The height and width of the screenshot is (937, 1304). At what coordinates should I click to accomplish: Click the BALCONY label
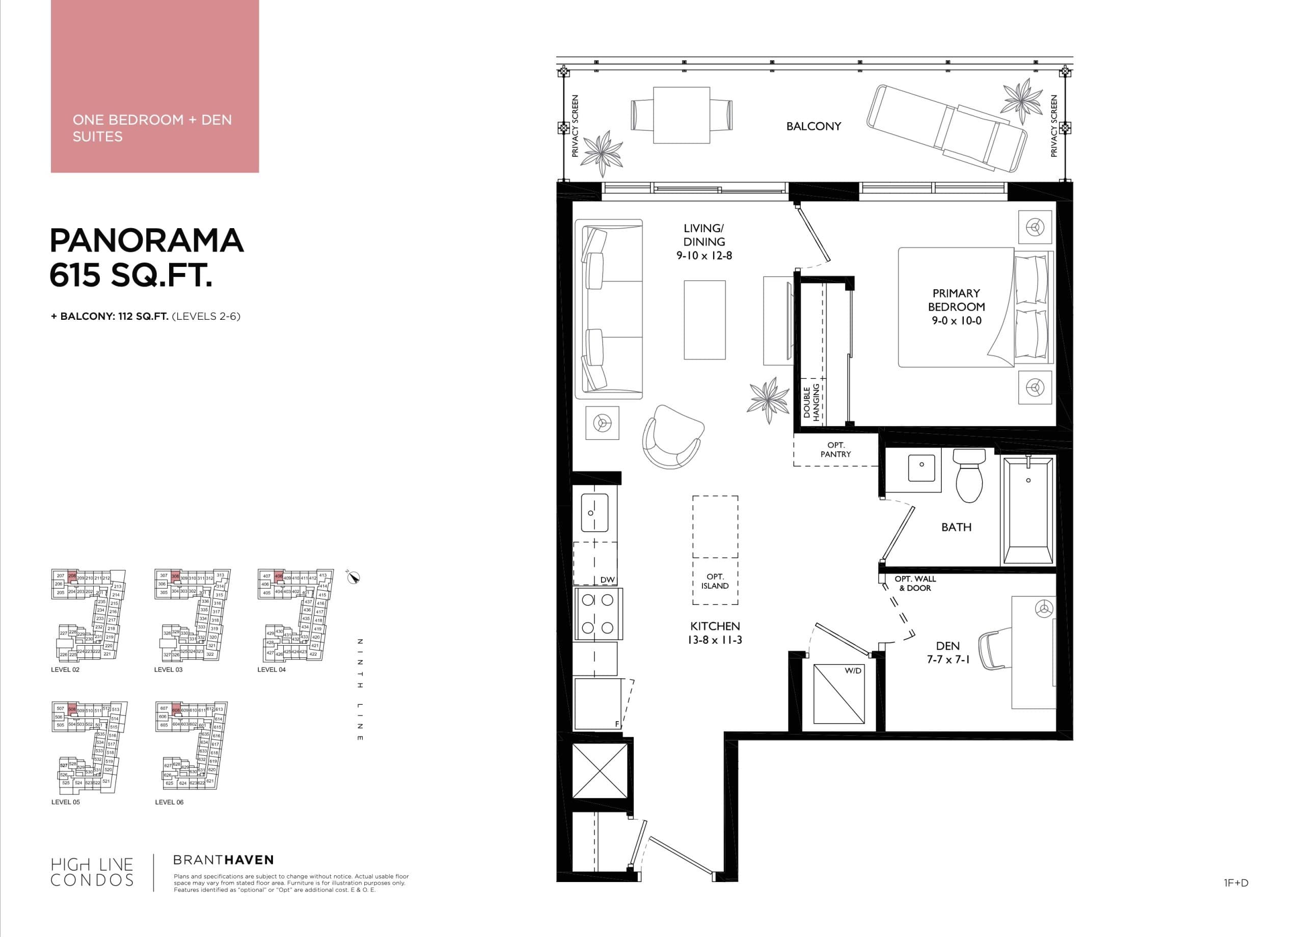click(813, 126)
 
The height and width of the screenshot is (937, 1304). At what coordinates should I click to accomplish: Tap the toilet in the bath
click(969, 475)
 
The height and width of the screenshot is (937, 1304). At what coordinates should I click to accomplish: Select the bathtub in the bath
click(1028, 510)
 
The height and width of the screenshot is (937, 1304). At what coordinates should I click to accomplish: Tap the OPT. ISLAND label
click(715, 581)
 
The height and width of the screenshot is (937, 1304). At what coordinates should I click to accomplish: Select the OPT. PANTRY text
click(835, 450)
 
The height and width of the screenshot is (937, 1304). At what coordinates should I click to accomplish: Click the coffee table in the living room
click(704, 320)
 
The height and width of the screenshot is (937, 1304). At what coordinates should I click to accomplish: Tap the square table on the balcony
click(682, 115)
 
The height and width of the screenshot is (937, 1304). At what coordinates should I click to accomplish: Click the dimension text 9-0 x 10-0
click(956, 321)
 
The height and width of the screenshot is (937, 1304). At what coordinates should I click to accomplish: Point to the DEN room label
click(947, 646)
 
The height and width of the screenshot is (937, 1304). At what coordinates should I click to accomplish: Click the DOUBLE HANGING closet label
click(811, 402)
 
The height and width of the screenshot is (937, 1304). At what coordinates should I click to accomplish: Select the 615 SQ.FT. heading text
click(131, 275)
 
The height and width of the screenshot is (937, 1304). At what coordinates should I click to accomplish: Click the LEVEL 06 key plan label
click(169, 802)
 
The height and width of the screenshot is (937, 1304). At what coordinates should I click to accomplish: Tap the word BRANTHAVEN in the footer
click(224, 860)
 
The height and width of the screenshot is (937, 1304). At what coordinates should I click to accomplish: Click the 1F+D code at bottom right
click(1236, 883)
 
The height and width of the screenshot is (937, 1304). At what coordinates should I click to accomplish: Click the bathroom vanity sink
click(921, 467)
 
